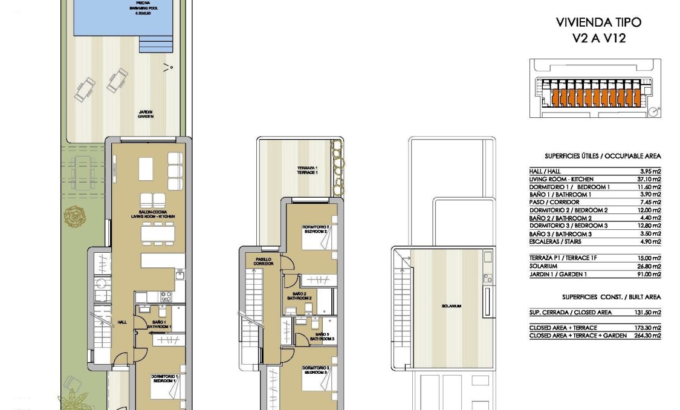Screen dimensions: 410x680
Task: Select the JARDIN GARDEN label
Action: point(145,114)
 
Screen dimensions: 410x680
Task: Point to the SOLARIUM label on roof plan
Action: point(452,306)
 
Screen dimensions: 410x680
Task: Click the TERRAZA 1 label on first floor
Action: point(307,170)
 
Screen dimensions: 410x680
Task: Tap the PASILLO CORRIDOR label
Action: point(263,261)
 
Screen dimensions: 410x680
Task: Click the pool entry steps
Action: point(149,46)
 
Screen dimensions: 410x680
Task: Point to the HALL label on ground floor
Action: point(122,322)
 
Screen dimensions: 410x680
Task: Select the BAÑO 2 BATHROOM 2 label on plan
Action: point(299,296)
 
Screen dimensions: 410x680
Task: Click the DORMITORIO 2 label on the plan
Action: point(315,229)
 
